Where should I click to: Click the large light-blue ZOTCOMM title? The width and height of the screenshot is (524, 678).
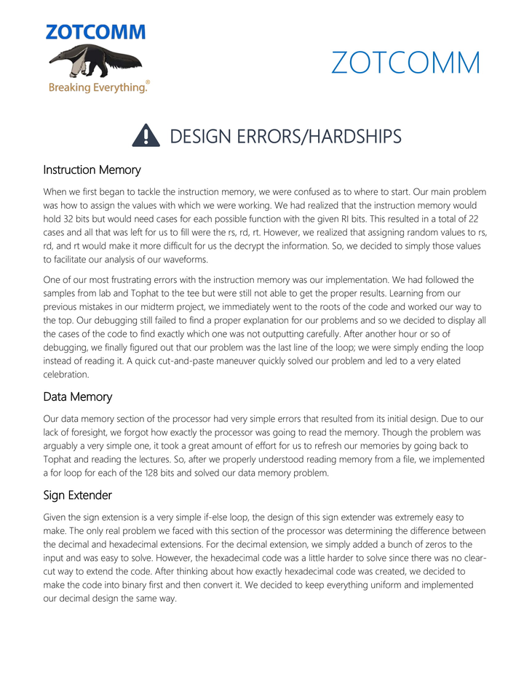(x=405, y=63)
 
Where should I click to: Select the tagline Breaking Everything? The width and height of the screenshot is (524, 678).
(x=98, y=87)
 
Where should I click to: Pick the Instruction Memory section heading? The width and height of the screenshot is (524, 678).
(x=92, y=170)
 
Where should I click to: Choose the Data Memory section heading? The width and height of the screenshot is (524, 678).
(x=78, y=396)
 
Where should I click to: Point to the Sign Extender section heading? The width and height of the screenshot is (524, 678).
(x=78, y=495)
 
